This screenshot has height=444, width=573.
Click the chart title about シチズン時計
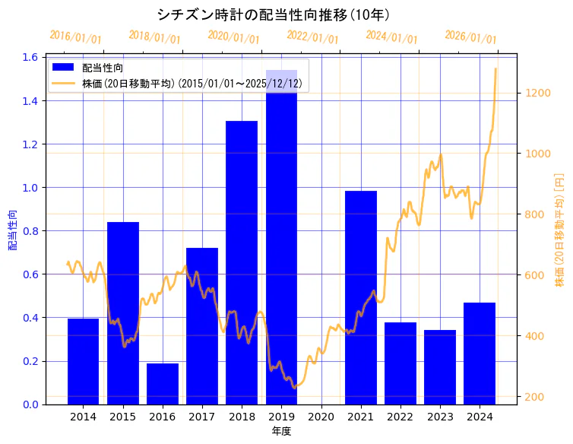pos(274,14)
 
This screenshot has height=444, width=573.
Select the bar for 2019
pos(281,236)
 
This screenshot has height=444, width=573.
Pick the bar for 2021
pos(360,297)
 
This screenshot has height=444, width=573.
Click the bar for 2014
pos(83,361)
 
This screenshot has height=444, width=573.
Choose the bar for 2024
pos(480,354)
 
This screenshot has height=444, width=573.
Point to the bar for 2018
pos(242,262)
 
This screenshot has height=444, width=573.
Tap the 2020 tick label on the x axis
pos(321,417)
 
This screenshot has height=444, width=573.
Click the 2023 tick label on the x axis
pos(440,417)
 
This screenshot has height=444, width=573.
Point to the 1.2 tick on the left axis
pos(30,144)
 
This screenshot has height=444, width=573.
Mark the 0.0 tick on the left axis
pos(30,404)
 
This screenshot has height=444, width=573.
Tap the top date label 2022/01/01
pos(312,37)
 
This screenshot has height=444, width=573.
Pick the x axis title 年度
pos(281,431)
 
